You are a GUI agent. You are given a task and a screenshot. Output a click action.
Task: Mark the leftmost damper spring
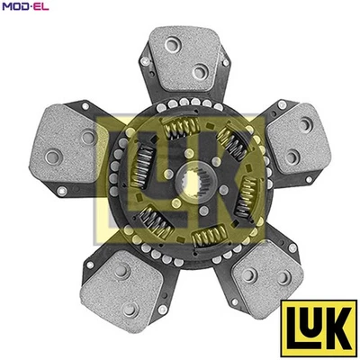(x=142, y=166)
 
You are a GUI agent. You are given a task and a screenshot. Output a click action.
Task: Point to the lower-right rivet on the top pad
(x=199, y=73)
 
